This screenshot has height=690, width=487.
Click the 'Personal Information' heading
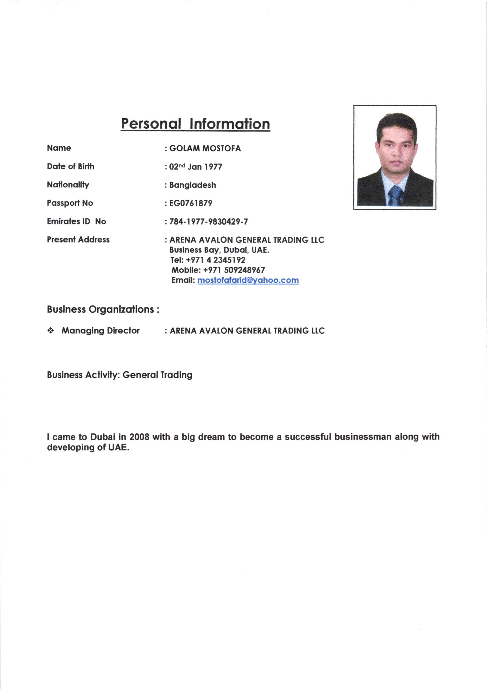point(195,124)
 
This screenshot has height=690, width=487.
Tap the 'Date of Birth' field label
point(71,166)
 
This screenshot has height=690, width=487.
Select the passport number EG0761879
point(191,203)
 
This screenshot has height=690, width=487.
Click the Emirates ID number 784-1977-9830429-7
point(209,222)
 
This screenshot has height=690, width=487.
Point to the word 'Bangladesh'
point(192,185)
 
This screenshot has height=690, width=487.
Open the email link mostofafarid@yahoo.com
point(248,280)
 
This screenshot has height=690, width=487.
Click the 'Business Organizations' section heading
point(103,310)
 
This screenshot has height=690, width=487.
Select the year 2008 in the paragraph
point(139,437)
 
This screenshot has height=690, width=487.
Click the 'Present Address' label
point(78,240)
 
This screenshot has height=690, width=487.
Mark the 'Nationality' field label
point(68,185)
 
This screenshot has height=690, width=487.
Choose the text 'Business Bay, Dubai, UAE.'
point(219,250)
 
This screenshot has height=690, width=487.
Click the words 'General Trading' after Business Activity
point(157,375)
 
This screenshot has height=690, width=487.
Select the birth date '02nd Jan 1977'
point(196,167)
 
